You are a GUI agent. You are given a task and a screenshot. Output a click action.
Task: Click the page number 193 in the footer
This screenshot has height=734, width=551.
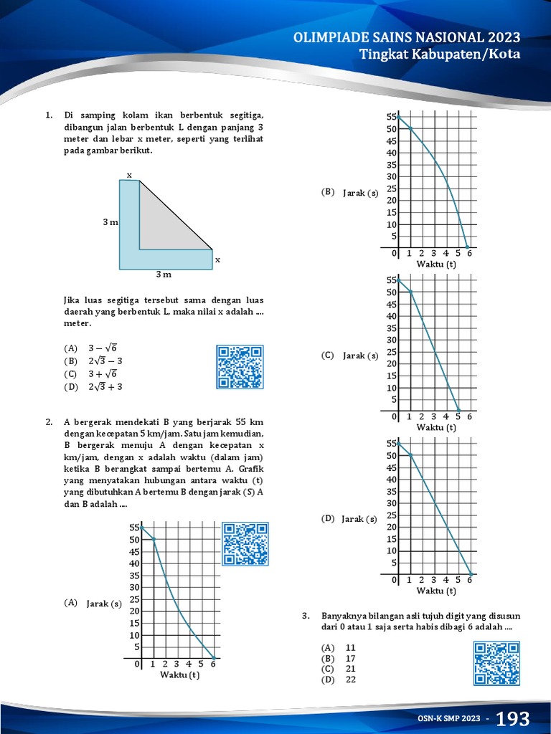click(512, 718)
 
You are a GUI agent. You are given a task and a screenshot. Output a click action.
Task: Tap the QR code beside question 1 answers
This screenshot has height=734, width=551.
click(240, 367)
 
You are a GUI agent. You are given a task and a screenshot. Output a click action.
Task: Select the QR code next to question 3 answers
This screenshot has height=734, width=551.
click(496, 663)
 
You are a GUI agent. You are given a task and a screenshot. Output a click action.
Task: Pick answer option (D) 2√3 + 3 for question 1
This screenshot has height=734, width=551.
click(94, 386)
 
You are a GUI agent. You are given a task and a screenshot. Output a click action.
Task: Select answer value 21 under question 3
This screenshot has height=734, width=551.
click(351, 669)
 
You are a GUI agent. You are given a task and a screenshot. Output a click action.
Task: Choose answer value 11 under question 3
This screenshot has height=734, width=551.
click(351, 647)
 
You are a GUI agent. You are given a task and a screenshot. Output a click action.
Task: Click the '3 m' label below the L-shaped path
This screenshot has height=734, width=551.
click(164, 275)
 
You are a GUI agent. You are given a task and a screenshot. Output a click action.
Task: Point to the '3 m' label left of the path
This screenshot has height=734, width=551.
click(110, 223)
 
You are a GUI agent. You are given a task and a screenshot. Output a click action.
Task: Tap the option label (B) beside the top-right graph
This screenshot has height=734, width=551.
click(328, 192)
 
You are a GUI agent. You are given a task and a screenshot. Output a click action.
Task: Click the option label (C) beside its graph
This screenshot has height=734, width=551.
click(328, 355)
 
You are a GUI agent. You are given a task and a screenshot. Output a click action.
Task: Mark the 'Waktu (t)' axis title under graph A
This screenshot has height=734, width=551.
click(179, 675)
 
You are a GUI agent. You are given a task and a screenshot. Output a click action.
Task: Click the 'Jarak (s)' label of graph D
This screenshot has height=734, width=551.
click(359, 518)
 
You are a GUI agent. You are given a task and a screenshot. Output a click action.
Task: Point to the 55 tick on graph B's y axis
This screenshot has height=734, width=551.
click(391, 117)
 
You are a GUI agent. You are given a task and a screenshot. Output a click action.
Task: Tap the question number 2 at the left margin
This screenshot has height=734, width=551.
click(49, 421)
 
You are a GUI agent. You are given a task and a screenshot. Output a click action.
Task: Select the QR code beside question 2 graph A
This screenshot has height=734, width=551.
click(245, 544)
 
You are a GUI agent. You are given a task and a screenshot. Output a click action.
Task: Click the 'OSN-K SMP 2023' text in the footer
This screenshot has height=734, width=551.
click(449, 719)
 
